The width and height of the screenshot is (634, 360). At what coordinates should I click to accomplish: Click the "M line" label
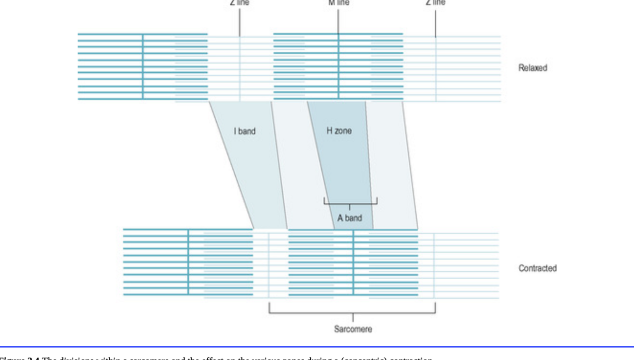(338, 2)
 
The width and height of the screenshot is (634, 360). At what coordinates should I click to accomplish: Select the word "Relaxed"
(533, 68)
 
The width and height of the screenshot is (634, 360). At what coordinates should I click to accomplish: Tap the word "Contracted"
(538, 268)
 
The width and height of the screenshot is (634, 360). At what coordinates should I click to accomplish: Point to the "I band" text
(244, 131)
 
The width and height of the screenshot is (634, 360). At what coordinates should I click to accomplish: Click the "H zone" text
(339, 131)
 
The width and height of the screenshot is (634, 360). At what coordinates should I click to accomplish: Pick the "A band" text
(350, 218)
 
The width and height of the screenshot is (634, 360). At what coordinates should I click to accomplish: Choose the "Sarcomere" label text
(353, 329)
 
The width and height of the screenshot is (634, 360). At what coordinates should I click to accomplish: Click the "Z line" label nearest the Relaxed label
(435, 2)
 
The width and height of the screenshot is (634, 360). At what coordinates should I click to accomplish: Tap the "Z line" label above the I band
(239, 2)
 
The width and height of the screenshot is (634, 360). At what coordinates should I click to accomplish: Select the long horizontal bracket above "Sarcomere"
(352, 313)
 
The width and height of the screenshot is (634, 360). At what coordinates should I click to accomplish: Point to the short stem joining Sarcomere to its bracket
(353, 318)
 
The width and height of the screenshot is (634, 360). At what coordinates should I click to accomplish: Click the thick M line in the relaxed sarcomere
(338, 66)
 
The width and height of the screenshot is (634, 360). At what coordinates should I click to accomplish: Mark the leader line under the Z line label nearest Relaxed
(435, 21)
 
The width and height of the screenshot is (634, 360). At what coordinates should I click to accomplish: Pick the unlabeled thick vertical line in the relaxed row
(143, 66)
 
